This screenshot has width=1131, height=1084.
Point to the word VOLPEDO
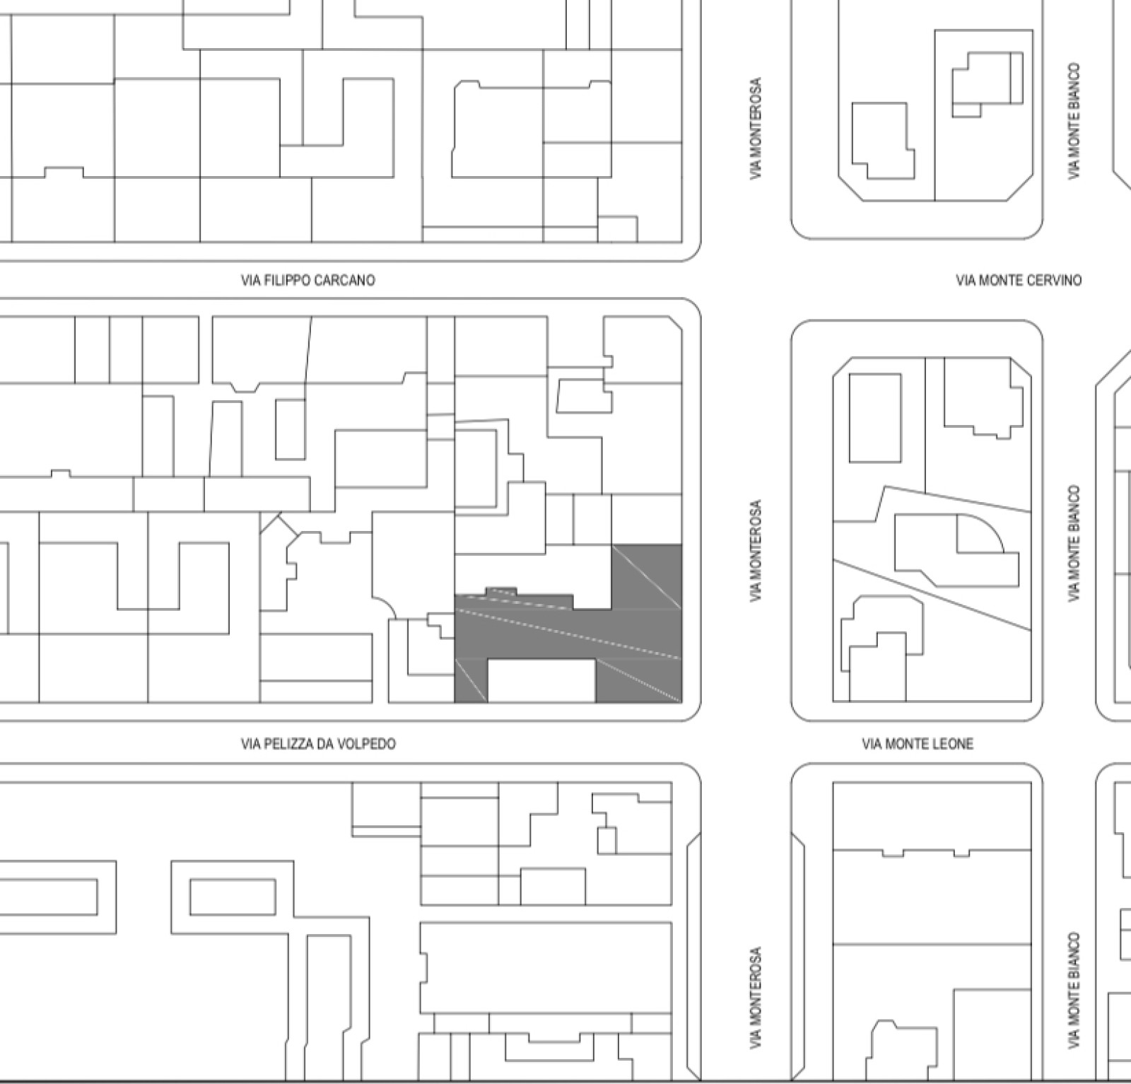(x=370, y=744)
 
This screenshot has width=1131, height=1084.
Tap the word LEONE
(x=952, y=744)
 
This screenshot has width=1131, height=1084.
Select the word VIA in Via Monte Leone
(x=872, y=744)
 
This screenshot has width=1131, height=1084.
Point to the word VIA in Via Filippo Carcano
(x=250, y=281)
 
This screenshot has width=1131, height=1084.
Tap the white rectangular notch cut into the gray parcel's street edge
(x=541, y=681)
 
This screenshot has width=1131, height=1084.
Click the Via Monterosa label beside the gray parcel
(x=756, y=552)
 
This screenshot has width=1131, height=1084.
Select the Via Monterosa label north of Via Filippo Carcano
(x=756, y=128)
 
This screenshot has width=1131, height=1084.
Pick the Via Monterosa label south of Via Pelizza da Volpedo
(x=756, y=998)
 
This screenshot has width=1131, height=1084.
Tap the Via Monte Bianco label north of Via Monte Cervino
(x=1074, y=121)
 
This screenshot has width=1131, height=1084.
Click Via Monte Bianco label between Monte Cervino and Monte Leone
(x=1074, y=543)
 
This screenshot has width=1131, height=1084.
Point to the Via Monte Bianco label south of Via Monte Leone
(x=1074, y=990)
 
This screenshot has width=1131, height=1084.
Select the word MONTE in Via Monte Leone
(x=906, y=744)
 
